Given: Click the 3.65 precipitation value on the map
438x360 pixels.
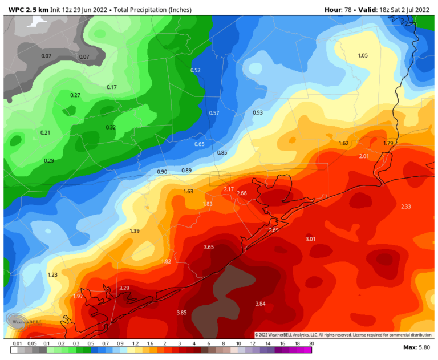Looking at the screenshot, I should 209,247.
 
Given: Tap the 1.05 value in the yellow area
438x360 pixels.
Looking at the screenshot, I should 363,55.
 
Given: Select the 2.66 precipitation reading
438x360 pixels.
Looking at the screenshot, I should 242,193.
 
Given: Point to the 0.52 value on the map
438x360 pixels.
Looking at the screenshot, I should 196,70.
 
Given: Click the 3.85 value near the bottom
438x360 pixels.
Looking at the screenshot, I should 182,313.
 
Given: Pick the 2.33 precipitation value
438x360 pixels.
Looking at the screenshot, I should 406,206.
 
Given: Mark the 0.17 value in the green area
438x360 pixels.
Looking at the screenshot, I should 112,87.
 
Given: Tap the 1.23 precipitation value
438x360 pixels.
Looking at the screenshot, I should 52,275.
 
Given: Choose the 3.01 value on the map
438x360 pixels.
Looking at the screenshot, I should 311,238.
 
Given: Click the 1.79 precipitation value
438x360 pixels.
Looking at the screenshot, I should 388,143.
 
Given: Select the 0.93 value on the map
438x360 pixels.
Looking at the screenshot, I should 258,112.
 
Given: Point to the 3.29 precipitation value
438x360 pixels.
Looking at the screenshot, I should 124,288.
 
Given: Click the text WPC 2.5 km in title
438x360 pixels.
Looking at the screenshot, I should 27,10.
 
